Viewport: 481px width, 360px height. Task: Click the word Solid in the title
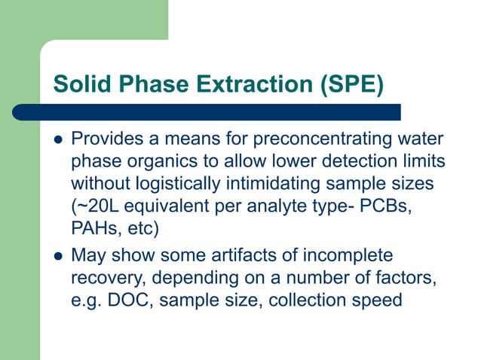(x=78, y=84)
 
